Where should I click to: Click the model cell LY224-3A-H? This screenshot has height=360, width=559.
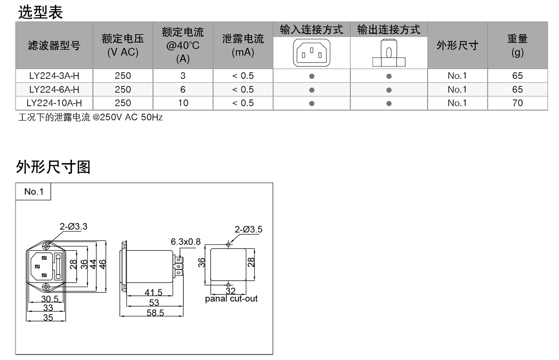[54, 76]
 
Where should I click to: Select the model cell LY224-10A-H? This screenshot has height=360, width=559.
[54, 103]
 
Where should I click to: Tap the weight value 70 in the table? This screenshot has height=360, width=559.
[517, 103]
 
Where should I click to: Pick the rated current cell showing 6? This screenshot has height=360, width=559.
[183, 90]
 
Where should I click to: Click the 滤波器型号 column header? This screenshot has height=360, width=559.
[54, 45]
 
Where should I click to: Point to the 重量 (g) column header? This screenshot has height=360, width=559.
[517, 45]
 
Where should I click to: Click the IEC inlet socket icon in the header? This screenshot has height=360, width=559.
[312, 53]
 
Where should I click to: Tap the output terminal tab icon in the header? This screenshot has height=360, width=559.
[389, 53]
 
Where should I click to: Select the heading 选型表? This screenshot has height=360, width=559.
[40, 12]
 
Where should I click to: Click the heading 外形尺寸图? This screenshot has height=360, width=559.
[53, 167]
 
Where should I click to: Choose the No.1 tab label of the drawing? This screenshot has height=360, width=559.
[34, 192]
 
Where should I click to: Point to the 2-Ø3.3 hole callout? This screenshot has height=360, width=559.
[73, 227]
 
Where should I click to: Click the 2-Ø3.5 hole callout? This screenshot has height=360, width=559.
[248, 230]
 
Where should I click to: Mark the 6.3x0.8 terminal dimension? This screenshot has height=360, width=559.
[186, 242]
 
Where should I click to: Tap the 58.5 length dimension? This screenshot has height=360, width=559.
[155, 313]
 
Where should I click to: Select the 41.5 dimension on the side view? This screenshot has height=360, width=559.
[154, 293]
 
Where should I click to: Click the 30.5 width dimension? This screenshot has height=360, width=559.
[50, 299]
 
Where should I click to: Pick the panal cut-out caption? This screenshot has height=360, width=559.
[231, 299]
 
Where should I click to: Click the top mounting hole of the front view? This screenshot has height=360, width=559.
[46, 246]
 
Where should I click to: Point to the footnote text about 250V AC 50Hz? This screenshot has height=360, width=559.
[91, 118]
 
